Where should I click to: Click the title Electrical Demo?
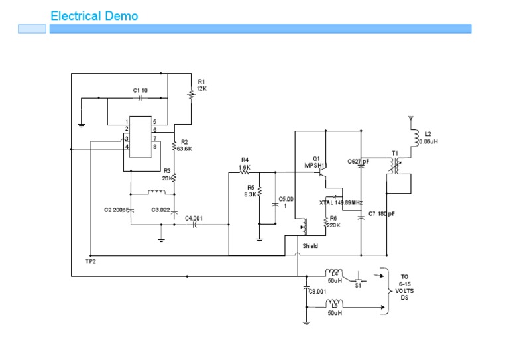point(94,15)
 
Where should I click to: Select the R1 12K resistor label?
point(201,84)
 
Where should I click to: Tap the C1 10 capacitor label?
point(140,90)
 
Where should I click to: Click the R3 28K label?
point(167,174)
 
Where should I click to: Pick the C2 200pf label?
point(117,210)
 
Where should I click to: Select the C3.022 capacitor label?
point(160,210)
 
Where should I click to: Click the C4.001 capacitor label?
point(194,217)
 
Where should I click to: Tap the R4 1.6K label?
point(245,164)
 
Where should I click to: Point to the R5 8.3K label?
point(250,191)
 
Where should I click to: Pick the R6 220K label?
point(333,221)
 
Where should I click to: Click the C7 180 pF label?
point(381,214)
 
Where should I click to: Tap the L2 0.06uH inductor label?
point(429,137)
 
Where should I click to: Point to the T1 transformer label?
point(395,153)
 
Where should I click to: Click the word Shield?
point(310,246)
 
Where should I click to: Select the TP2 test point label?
point(90,261)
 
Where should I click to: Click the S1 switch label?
point(357,286)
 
